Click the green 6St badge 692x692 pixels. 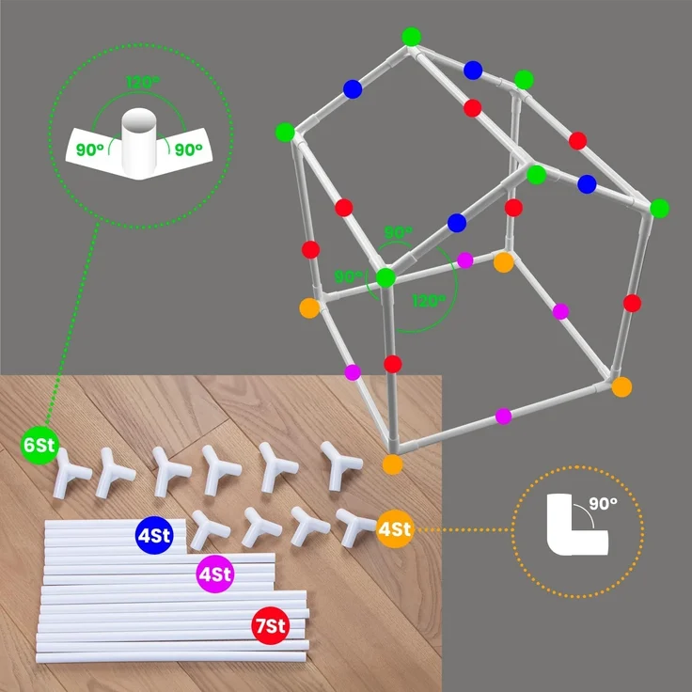click(39, 446)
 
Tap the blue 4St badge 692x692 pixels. click(154, 535)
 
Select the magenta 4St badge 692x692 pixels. click(215, 574)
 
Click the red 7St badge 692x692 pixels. click(271, 625)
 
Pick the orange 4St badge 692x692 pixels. click(395, 528)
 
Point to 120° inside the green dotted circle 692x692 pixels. click(143, 83)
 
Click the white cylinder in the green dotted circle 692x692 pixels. click(139, 142)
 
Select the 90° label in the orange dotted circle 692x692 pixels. click(603, 503)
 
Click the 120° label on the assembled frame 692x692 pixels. click(429, 301)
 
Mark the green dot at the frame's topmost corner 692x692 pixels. click(411, 37)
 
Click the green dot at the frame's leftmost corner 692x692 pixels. click(285, 132)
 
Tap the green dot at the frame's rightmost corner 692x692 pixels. click(660, 209)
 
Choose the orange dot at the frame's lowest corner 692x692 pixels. click(392, 464)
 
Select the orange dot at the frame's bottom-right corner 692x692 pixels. click(621, 386)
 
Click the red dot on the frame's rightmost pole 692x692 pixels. click(632, 303)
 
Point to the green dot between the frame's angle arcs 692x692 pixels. click(385, 277)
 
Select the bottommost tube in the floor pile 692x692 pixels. click(171, 656)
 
